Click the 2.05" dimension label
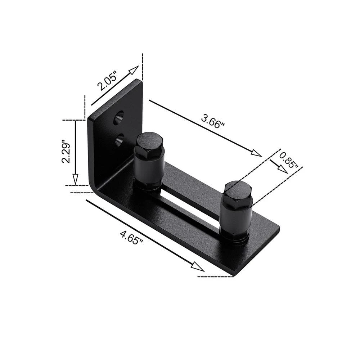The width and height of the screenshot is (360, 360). (107, 80)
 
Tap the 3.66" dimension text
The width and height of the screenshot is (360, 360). (212, 121)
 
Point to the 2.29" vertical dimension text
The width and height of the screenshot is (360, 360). (66, 151)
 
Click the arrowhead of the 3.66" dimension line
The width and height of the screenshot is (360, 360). (256, 153)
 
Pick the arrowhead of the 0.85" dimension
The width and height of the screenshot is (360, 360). (283, 169)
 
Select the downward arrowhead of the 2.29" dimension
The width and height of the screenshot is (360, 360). (75, 179)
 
